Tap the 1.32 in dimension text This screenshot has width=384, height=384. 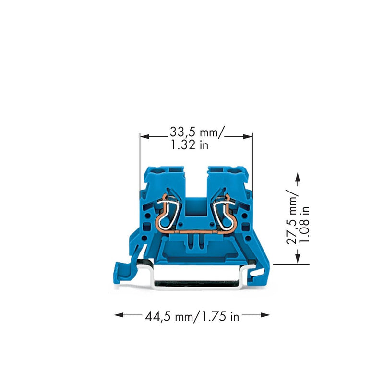189,145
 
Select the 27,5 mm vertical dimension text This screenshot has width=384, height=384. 292,217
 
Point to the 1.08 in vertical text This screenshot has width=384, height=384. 305,225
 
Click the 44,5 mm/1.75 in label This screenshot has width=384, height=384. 192,317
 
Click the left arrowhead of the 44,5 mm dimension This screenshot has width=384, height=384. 119,315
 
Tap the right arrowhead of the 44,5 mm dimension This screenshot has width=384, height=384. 265,315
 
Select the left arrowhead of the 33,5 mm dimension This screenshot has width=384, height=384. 144,136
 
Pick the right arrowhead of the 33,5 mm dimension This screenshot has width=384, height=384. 248,136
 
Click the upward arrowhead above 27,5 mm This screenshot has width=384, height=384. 298,177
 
